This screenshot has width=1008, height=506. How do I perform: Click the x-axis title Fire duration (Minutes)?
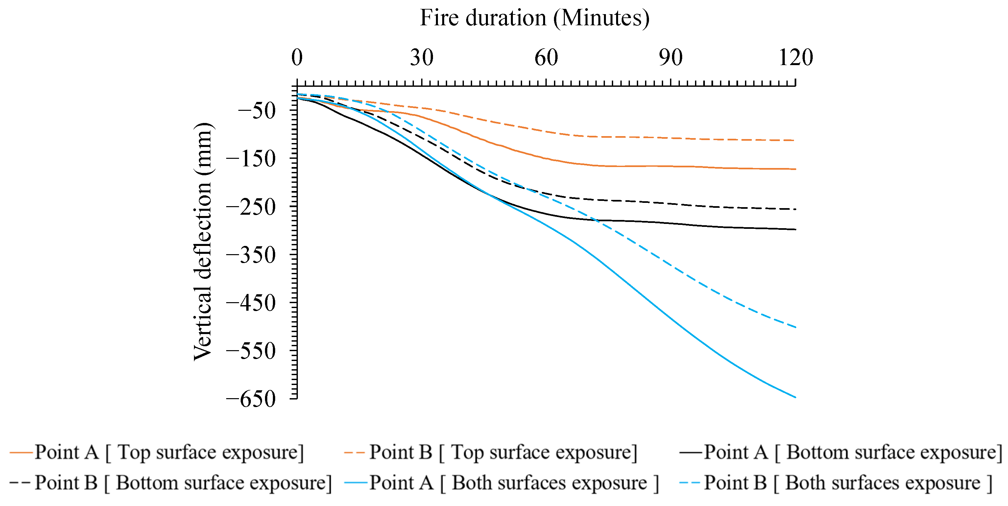tap(535, 18)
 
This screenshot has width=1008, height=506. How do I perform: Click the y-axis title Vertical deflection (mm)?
tap(203, 241)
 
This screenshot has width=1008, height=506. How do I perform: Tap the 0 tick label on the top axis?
tap(297, 58)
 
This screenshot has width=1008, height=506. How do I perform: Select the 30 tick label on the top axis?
tap(421, 58)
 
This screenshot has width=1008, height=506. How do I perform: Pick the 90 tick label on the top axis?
tap(670, 58)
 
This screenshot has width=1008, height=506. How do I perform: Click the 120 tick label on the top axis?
tap(796, 58)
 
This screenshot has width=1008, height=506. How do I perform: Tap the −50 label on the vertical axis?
tap(257, 111)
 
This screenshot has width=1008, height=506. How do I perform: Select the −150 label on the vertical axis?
tap(251, 159)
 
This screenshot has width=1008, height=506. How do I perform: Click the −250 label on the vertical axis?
tap(251, 207)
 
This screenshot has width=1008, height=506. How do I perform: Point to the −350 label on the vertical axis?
tap(251, 255)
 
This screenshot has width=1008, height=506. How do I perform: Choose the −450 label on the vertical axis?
tap(251, 303)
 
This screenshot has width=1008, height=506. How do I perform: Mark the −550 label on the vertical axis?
tap(251, 351)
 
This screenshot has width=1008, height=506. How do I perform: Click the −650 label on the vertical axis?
tap(251, 399)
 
